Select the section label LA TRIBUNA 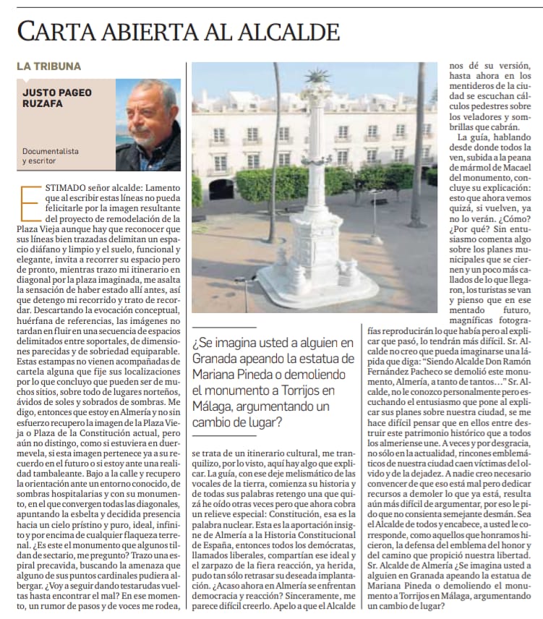(x=48, y=66)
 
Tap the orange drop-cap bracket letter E (x=28, y=202)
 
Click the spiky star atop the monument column (x=317, y=76)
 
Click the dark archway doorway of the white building (x=221, y=189)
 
